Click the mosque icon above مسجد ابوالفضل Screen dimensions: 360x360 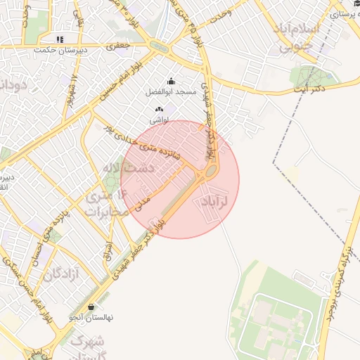point(171,82)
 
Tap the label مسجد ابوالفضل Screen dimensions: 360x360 point(171,92)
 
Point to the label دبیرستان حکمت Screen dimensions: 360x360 point(61,51)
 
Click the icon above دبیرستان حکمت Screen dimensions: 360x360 point(61,39)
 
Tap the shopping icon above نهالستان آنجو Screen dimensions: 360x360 point(91,307)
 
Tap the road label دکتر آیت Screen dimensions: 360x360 point(310,90)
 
